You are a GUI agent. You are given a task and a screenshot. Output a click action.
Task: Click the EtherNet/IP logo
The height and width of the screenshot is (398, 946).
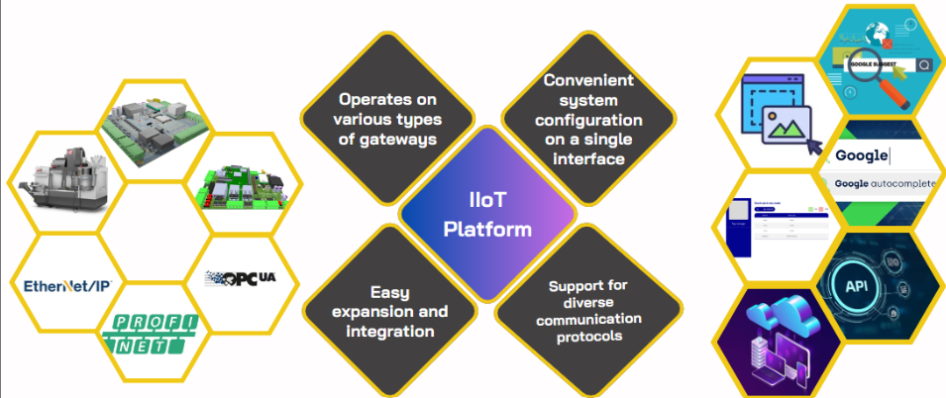pyautogui.click(x=67, y=285)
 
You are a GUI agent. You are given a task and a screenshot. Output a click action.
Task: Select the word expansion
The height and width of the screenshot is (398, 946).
pyautogui.click(x=397, y=311)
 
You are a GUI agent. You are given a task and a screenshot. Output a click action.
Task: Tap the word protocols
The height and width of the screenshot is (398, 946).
pyautogui.click(x=588, y=336)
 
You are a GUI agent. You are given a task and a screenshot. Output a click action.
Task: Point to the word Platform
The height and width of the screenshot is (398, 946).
pyautogui.click(x=487, y=229)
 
